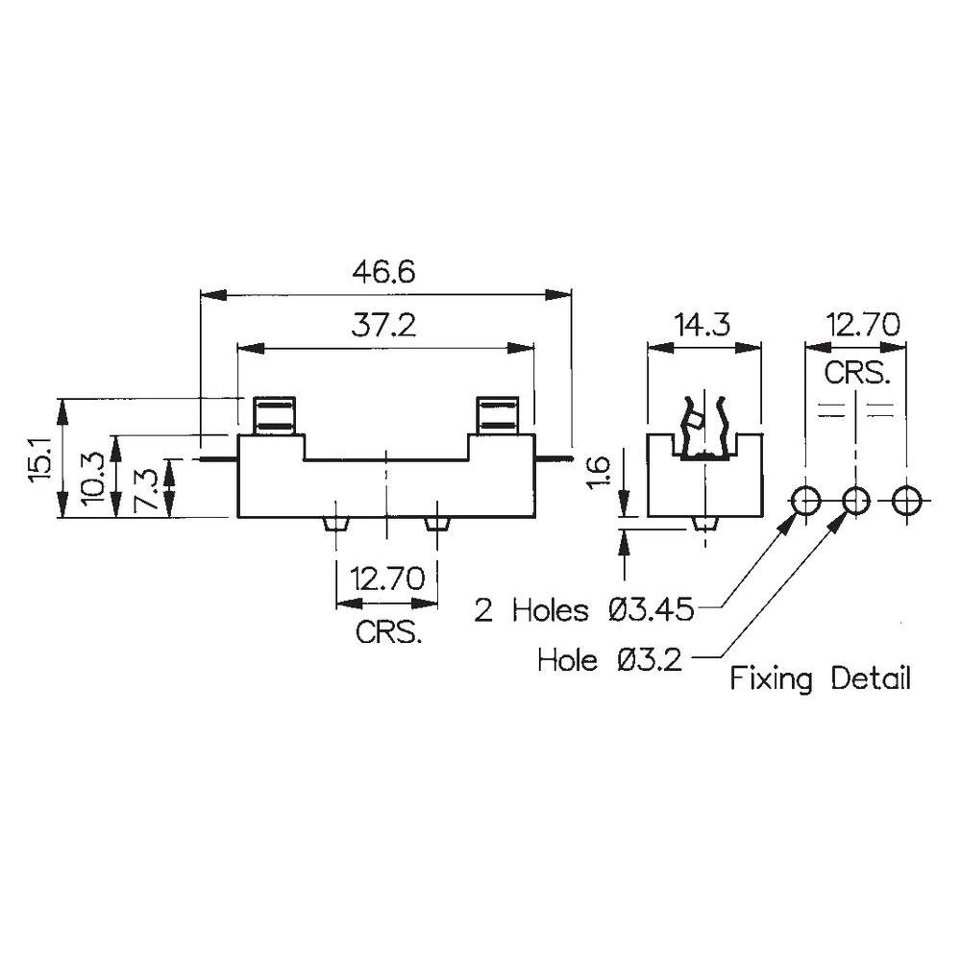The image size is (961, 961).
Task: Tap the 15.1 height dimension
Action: (x=39, y=458)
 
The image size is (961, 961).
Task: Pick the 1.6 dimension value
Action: (x=597, y=474)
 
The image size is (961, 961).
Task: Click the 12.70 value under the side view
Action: (x=388, y=579)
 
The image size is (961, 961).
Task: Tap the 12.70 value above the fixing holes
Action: (x=853, y=326)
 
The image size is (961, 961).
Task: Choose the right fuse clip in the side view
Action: (x=498, y=415)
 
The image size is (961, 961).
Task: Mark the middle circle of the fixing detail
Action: (x=854, y=500)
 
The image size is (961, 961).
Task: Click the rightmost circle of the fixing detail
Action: (x=905, y=500)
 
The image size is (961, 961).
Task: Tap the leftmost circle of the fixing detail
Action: (x=804, y=500)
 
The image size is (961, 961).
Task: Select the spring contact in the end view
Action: (x=704, y=429)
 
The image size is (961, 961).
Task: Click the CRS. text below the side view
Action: (x=388, y=633)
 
